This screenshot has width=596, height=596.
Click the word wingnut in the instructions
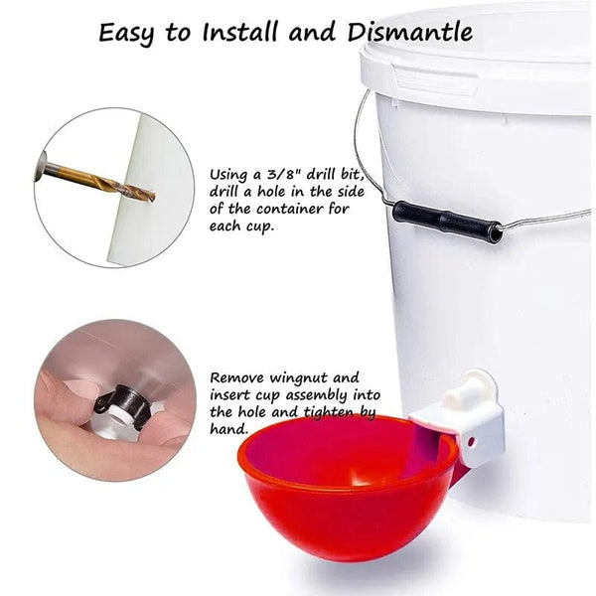click(298, 378)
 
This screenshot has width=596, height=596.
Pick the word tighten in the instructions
click(329, 412)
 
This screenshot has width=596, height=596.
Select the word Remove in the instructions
click(237, 378)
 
